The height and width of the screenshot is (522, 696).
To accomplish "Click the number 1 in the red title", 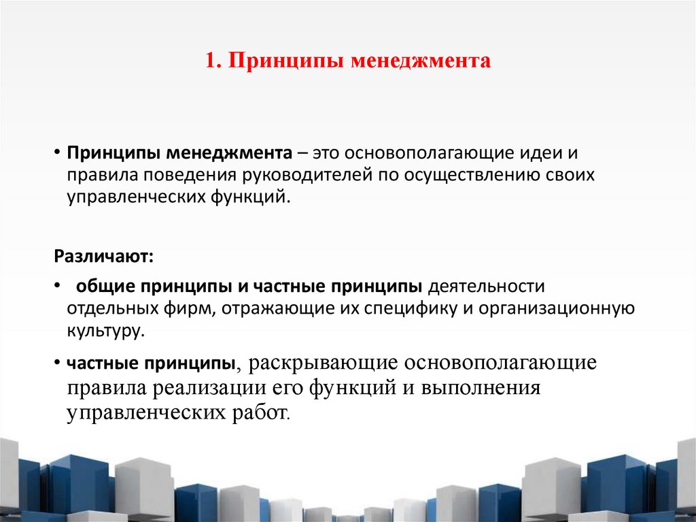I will [209, 62].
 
